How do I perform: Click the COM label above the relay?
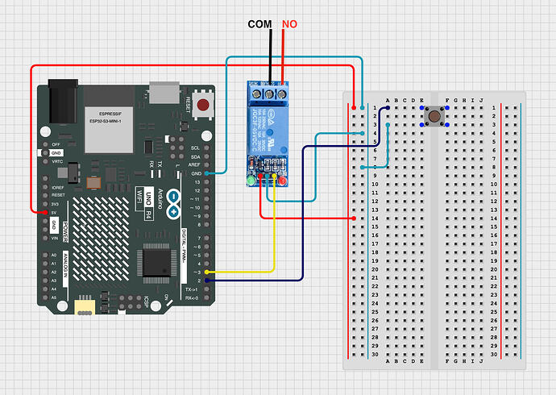259,24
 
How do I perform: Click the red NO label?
289,24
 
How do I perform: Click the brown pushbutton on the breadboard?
435,117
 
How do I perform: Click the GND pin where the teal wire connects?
208,173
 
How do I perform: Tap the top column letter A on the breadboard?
388,101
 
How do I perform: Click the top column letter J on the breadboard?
482,101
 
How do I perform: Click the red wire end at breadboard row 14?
355,218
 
